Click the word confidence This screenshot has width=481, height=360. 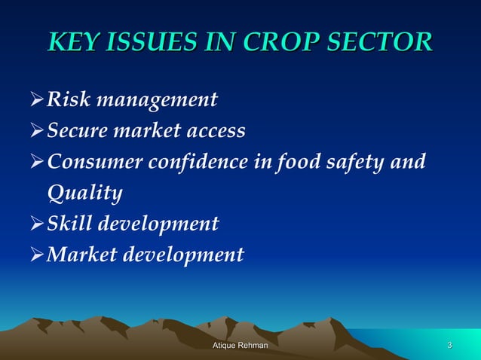203,162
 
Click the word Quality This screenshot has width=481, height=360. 84,194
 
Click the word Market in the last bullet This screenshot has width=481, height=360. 81,255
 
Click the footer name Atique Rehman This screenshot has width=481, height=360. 240,345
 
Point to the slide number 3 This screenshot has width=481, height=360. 450,345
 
